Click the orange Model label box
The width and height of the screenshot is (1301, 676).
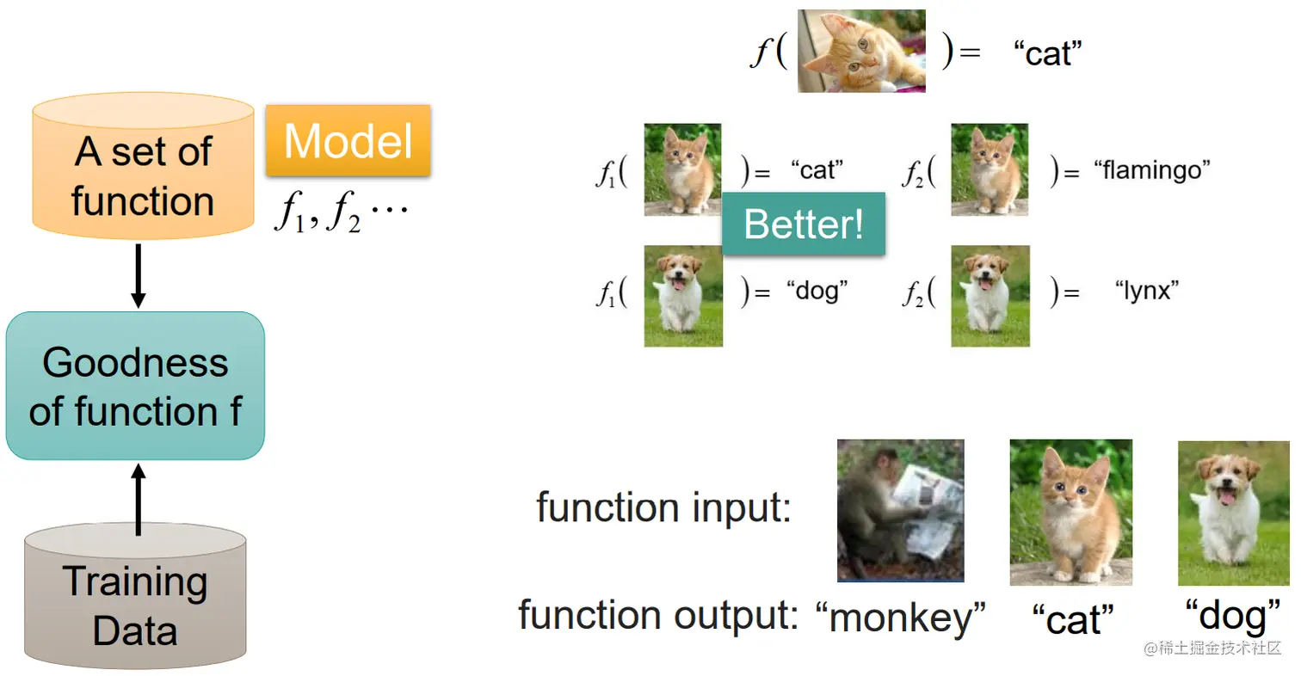tap(348, 140)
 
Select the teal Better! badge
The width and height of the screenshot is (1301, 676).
tap(804, 224)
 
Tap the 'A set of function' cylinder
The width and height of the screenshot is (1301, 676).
tap(143, 176)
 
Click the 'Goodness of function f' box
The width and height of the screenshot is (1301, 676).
tap(135, 386)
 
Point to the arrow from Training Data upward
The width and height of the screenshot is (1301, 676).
tap(138, 498)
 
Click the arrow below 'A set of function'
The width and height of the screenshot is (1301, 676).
tap(138, 276)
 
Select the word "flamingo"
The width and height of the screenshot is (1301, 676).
tap(1152, 170)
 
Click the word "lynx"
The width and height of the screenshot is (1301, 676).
tap(1146, 291)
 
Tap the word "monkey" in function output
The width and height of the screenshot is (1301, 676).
tap(899, 617)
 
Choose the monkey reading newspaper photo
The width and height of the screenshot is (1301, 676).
tap(900, 510)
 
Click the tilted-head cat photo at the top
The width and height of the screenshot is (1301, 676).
tap(861, 51)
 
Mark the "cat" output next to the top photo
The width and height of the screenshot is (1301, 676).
tap(1046, 53)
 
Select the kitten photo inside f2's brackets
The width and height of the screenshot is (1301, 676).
tap(990, 169)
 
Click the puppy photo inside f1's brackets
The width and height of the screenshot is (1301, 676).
tap(683, 296)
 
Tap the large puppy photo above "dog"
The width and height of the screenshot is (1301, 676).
tap(1233, 513)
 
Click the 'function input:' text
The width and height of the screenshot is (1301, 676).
tap(663, 507)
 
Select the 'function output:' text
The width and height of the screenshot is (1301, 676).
tap(658, 616)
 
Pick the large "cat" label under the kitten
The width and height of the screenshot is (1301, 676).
tap(1072, 619)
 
